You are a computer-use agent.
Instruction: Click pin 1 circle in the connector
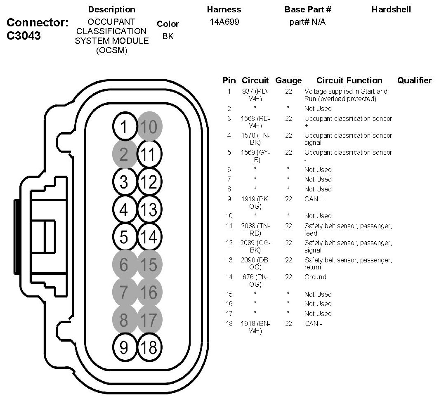pyautogui.click(x=124, y=127)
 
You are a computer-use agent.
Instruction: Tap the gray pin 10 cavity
pyautogui.click(x=149, y=126)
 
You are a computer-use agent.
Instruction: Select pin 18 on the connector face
pyautogui.click(x=149, y=348)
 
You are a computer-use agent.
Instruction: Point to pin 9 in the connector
pyautogui.click(x=124, y=348)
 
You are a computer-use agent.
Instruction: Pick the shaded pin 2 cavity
pyautogui.click(x=124, y=155)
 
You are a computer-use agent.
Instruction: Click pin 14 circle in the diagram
pyautogui.click(x=149, y=237)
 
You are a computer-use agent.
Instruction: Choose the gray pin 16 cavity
pyautogui.click(x=149, y=292)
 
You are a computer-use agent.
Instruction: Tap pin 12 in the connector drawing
pyautogui.click(x=149, y=182)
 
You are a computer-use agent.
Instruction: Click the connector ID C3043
pyautogui.click(x=24, y=35)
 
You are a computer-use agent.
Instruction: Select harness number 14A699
pyautogui.click(x=224, y=22)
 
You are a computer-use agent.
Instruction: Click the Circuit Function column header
pyautogui.click(x=349, y=80)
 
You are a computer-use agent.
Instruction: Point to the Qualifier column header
pyautogui.click(x=414, y=80)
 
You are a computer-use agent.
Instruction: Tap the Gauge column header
pyautogui.click(x=288, y=80)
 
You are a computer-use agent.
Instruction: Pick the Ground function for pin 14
pyautogui.click(x=315, y=277)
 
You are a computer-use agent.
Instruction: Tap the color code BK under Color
pyautogui.click(x=168, y=36)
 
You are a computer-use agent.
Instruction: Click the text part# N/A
pyautogui.click(x=307, y=22)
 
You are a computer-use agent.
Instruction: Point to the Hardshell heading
pyautogui.click(x=391, y=9)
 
